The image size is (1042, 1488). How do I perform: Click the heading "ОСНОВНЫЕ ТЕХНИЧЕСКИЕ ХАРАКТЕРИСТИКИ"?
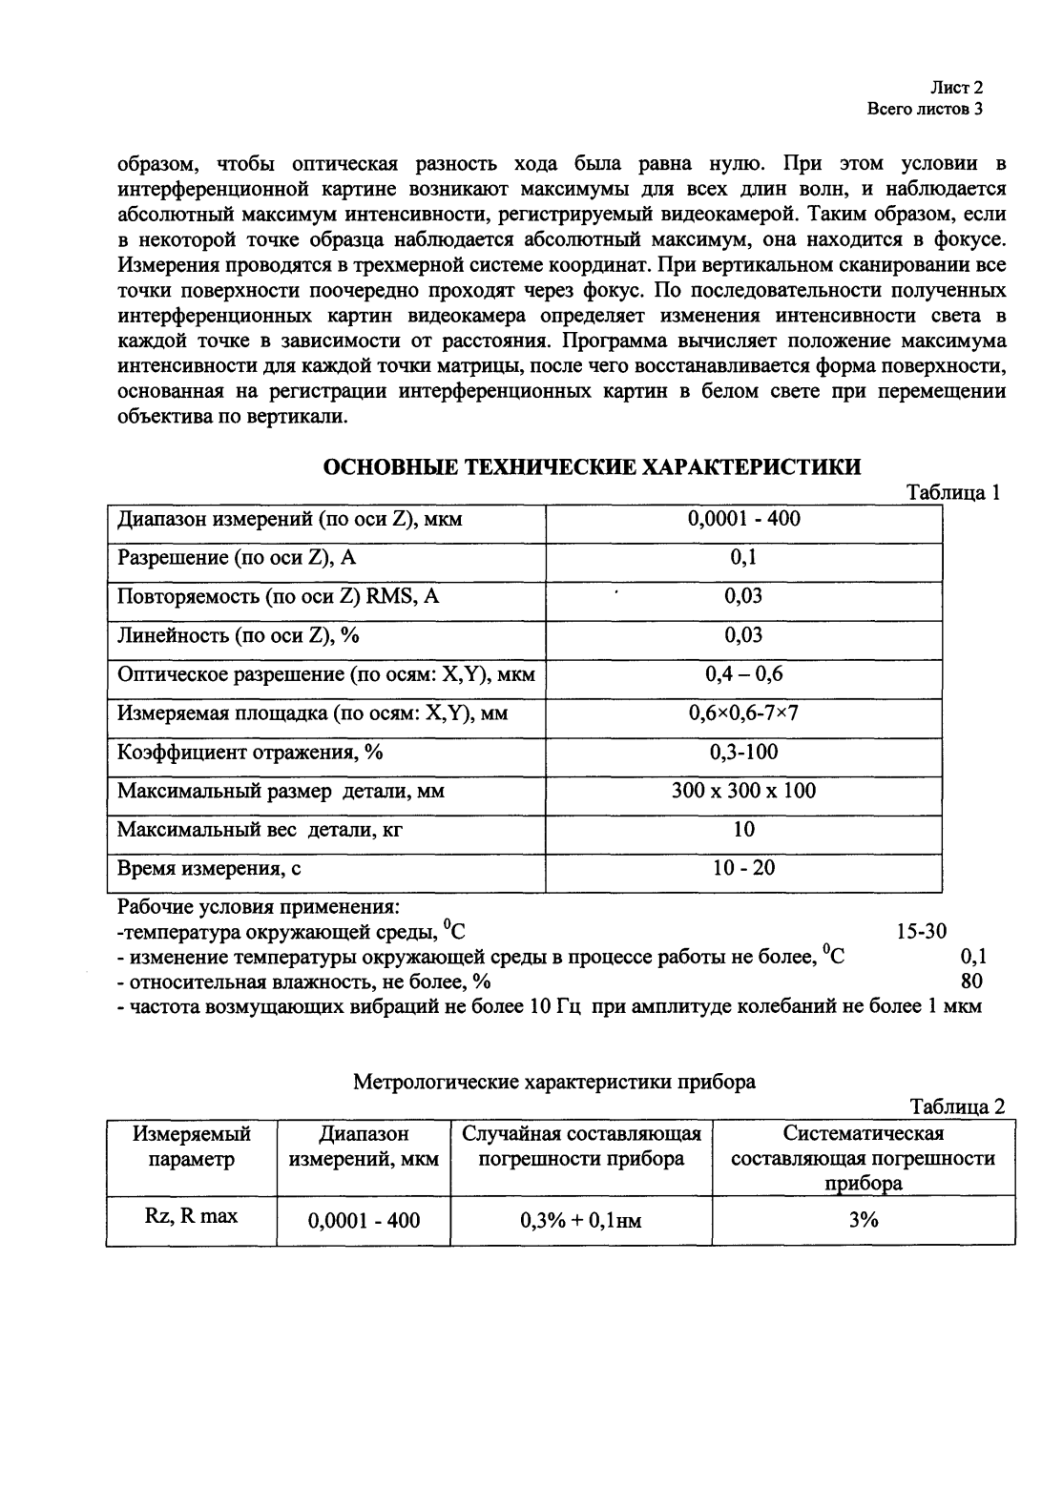click(x=593, y=466)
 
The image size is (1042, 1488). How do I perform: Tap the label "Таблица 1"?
click(x=952, y=493)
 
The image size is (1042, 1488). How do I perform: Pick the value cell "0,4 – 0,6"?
click(x=743, y=674)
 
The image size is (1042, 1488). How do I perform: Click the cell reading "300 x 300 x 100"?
click(x=743, y=791)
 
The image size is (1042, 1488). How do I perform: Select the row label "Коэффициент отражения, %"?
click(x=250, y=753)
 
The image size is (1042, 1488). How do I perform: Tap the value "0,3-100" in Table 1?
click(x=743, y=752)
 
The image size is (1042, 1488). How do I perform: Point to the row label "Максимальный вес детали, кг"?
click(x=260, y=830)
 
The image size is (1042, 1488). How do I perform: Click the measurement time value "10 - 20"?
click(x=743, y=867)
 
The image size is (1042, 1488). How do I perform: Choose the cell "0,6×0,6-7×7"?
click(x=743, y=713)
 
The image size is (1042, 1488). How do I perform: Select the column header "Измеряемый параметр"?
click(x=192, y=1146)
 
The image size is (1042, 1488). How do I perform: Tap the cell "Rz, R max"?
click(x=192, y=1216)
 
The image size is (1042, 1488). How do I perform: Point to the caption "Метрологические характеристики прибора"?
click(x=554, y=1082)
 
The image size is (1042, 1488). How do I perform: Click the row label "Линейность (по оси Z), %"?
click(x=239, y=635)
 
